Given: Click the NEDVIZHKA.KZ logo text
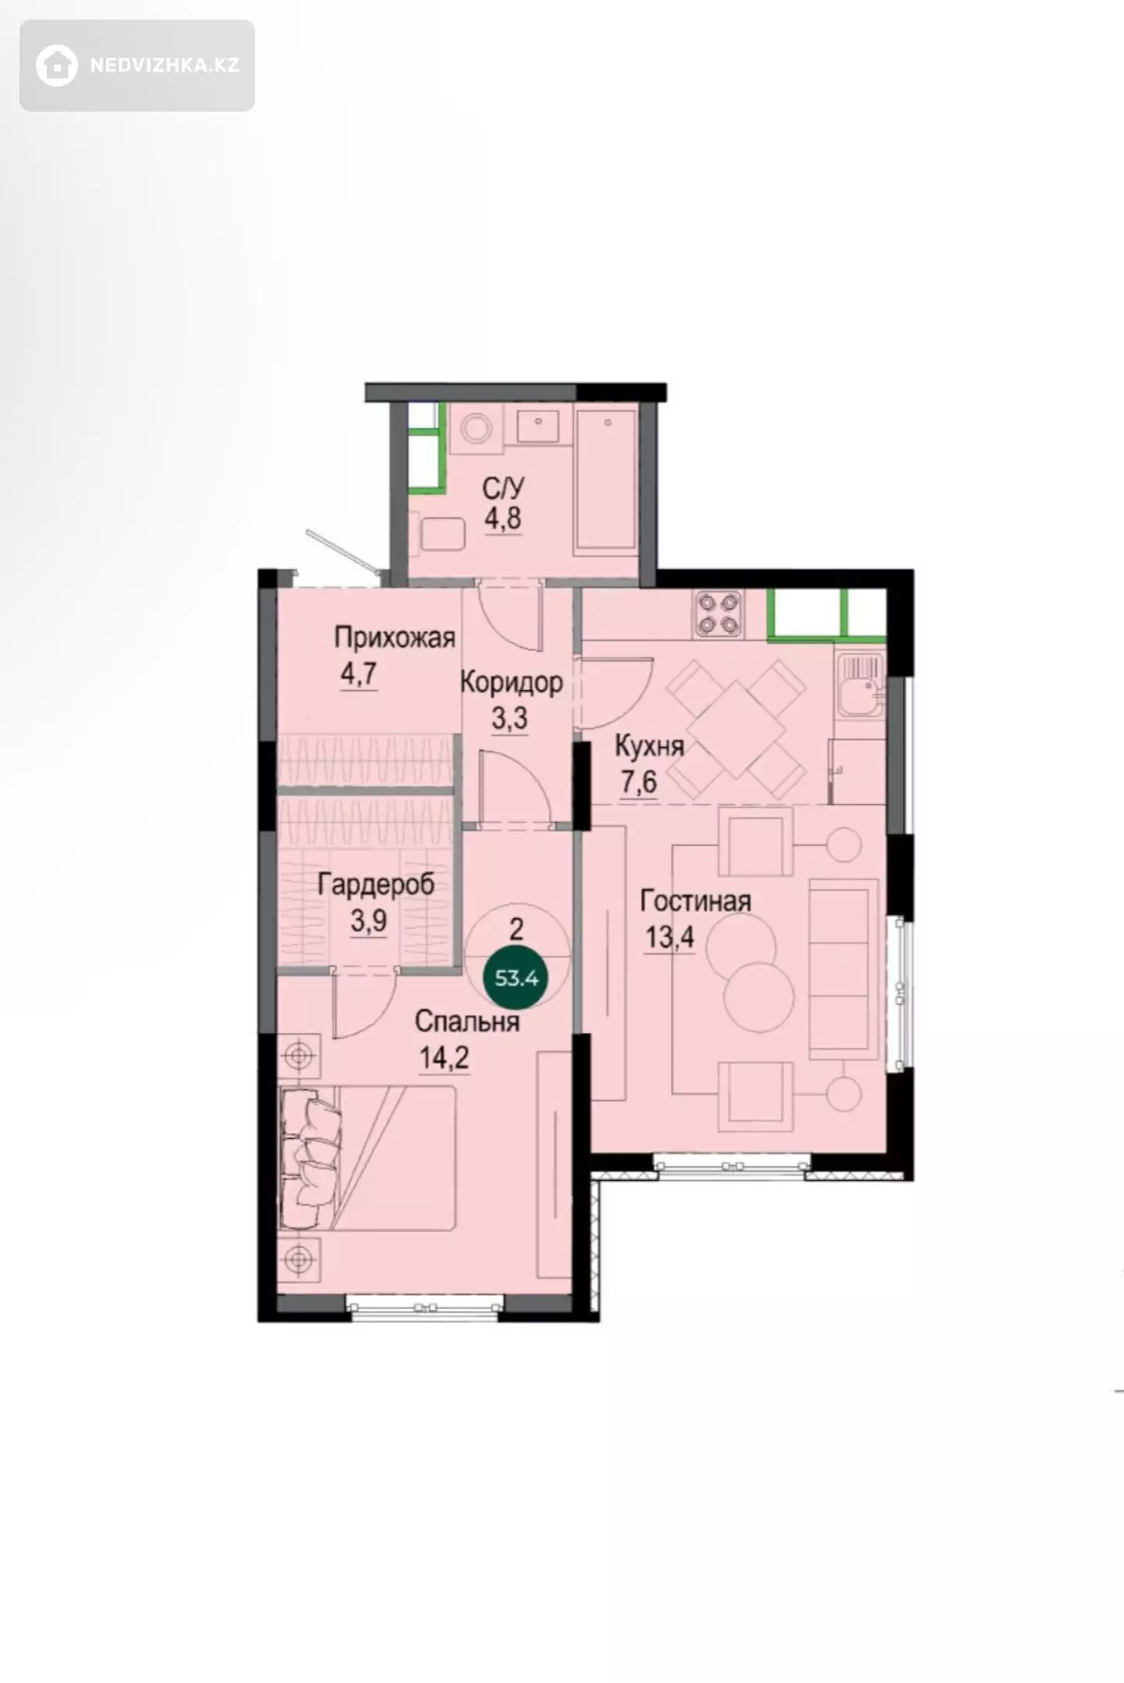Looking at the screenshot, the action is tap(165, 66).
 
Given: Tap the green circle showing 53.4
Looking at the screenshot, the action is tap(517, 977).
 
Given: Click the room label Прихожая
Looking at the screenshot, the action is tap(395, 637).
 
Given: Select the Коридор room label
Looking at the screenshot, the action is tap(511, 682).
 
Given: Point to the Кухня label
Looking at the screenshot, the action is tap(649, 746).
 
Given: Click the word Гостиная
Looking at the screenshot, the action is tap(695, 901).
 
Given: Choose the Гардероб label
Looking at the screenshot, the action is tap(375, 885).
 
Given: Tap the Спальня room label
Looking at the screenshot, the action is tap(467, 1022).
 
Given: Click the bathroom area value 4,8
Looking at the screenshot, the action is tap(503, 518).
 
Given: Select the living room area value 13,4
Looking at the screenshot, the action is tap(669, 936).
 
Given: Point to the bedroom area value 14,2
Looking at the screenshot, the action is tap(444, 1058).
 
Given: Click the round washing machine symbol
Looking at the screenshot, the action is tap(475, 428).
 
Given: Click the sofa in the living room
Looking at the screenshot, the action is tap(843, 969).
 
